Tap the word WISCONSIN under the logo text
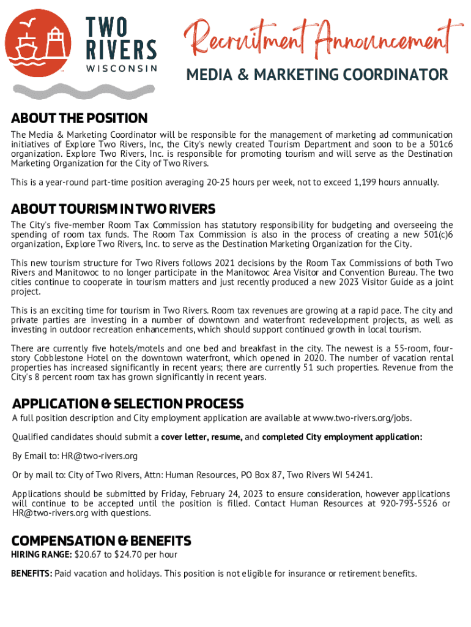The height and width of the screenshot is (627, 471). click(120, 69)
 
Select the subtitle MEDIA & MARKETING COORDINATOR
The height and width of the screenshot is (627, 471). click(317, 75)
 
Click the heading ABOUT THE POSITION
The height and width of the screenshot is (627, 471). click(80, 118)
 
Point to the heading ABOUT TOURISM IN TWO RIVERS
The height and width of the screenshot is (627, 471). click(113, 209)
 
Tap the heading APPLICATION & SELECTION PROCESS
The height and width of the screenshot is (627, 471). click(128, 404)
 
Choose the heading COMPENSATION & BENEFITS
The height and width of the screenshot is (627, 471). click(102, 541)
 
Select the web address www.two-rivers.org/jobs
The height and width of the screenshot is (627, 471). click(362, 418)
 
